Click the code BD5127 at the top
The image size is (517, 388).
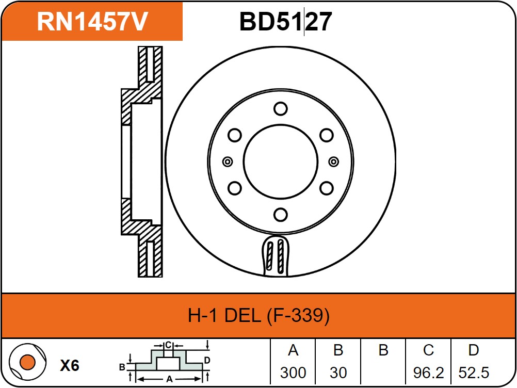pos(285,22)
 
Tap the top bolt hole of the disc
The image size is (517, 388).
pos(280,109)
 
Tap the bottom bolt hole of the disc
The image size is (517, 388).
pos(280,214)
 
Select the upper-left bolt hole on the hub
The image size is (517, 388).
pos(235,135)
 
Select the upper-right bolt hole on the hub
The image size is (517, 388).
pos(326,135)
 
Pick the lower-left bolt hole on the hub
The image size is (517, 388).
pos(235,187)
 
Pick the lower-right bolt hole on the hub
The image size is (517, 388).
pos(326,187)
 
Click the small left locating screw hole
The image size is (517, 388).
pos(227,161)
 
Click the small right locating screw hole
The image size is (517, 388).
pos(333,161)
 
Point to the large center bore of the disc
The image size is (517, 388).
pos(280,161)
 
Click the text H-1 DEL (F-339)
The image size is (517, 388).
pos(258,315)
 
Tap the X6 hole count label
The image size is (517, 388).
pos(69,366)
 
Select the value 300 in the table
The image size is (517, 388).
pos(293,372)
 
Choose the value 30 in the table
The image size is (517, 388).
pos(338,372)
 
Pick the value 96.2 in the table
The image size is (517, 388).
pos(428,372)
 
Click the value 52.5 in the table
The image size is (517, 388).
pos(473,372)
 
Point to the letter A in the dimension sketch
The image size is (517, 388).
pos(168,378)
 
